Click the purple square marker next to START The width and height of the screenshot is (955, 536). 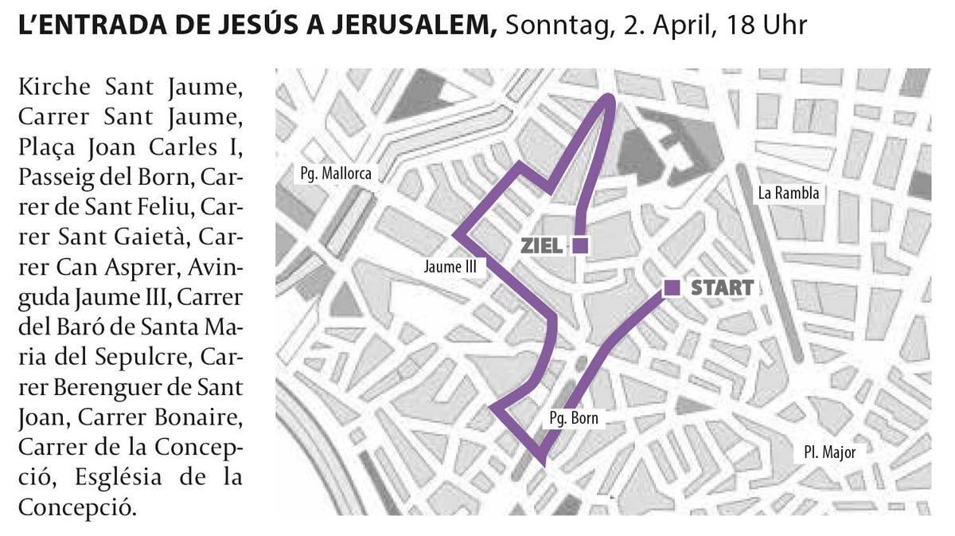pyautogui.click(x=672, y=288)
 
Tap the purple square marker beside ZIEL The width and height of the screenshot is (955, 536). pyautogui.click(x=580, y=245)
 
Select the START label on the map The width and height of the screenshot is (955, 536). pyautogui.click(x=722, y=288)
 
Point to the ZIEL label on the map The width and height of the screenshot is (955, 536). pyautogui.click(x=542, y=246)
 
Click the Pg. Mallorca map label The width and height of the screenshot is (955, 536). pyautogui.click(x=335, y=173)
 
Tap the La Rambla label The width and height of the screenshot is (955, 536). pyautogui.click(x=788, y=193)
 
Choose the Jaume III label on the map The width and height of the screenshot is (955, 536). pyautogui.click(x=450, y=268)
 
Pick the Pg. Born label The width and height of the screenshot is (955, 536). pyautogui.click(x=573, y=418)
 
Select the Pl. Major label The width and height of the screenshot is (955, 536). pyautogui.click(x=829, y=452)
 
